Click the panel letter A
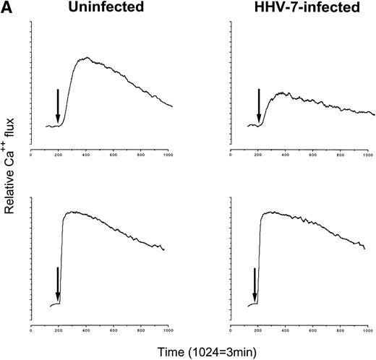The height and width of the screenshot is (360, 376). coord(7,8)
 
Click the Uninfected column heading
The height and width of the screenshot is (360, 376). coord(98,9)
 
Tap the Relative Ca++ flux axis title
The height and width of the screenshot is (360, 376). coord(12,180)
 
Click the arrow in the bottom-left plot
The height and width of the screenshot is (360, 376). coord(58,283)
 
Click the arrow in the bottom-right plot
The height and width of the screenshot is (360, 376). coord(255,283)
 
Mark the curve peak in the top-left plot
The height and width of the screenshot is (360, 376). coord(86,57)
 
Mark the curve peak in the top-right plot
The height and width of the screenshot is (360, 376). coord(284,93)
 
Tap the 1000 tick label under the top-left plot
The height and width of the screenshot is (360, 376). coord(168,154)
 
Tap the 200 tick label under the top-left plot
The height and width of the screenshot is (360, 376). coord(59,154)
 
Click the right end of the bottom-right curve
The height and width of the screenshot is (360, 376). coord(364,249)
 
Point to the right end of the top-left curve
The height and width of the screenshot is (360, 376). coord(172,106)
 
